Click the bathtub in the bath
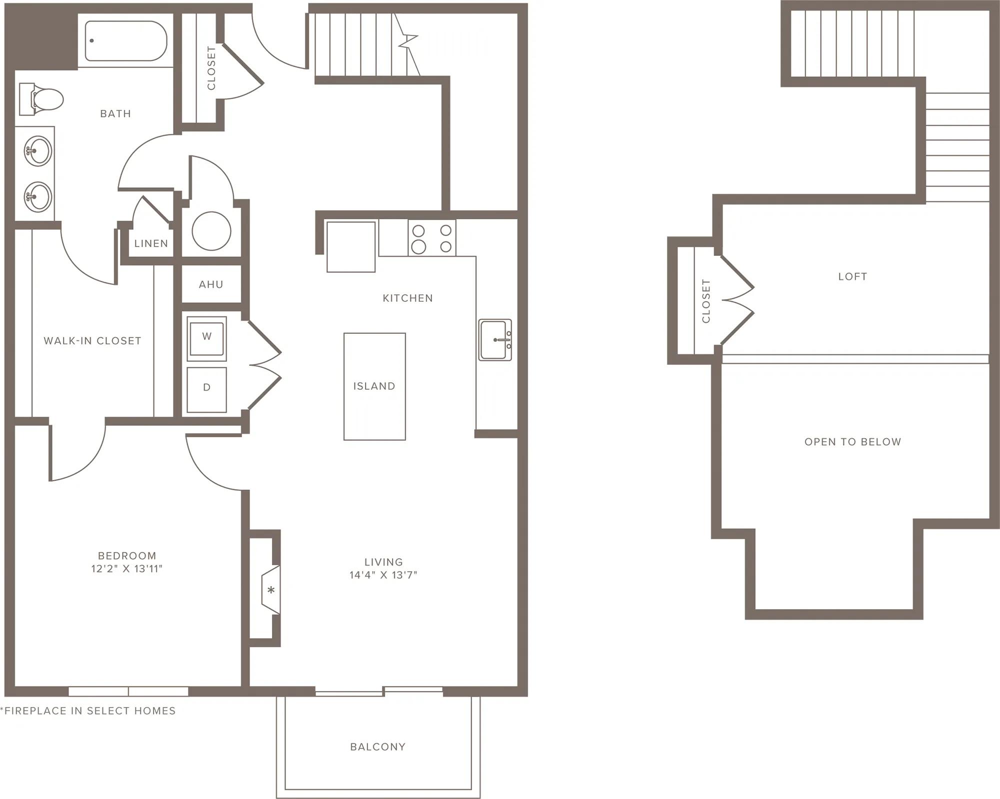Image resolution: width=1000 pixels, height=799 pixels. coord(125,40)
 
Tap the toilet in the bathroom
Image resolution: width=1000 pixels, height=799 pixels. coord(41,99)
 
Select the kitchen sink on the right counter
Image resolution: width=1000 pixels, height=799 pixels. coord(495,340)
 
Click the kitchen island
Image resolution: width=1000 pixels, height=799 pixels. coord(374,386)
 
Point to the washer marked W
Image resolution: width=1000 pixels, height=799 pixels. coord(206,338)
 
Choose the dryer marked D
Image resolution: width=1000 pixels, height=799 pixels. coord(206,390)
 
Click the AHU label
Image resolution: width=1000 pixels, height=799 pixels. coord(211,284)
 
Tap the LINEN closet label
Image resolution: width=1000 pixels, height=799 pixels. coord(151,243)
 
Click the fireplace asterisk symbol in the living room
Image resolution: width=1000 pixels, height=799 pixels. coord(271,590)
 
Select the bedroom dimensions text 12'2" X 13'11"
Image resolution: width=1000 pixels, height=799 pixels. coord(127,569)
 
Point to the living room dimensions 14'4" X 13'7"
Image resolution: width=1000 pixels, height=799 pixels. coord(383,575)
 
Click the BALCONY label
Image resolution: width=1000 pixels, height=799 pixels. coord(377,747)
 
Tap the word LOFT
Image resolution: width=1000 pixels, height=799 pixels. coord(852,276)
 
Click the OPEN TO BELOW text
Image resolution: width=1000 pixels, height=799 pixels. coord(852,442)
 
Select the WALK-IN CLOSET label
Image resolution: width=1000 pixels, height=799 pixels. coord(92,341)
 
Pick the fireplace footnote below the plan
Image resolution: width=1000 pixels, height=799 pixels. coord(88,711)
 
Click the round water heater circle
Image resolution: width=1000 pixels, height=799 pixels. coord(211,231)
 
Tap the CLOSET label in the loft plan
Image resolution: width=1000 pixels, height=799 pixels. coord(706,301)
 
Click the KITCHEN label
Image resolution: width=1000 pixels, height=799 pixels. coord(407,298)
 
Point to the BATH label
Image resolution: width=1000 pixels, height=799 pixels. coord(115,114)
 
